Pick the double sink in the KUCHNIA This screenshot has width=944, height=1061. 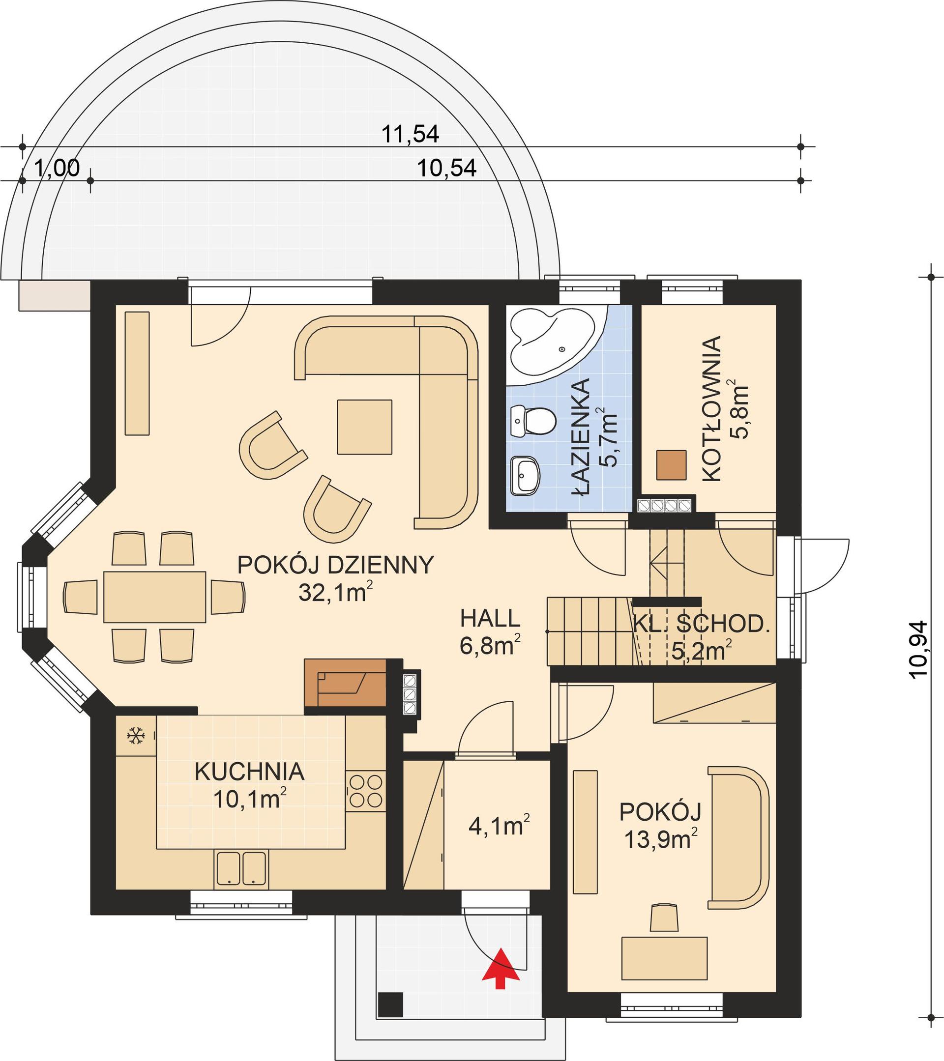click(240, 867)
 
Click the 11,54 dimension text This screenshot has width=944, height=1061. click(410, 135)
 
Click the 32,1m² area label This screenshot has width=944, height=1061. click(335, 592)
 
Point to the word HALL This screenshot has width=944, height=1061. click(490, 618)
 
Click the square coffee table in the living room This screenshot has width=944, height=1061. click(364, 427)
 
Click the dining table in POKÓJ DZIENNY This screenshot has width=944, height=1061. click(155, 597)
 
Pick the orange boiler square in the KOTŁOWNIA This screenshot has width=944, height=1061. click(671, 464)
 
